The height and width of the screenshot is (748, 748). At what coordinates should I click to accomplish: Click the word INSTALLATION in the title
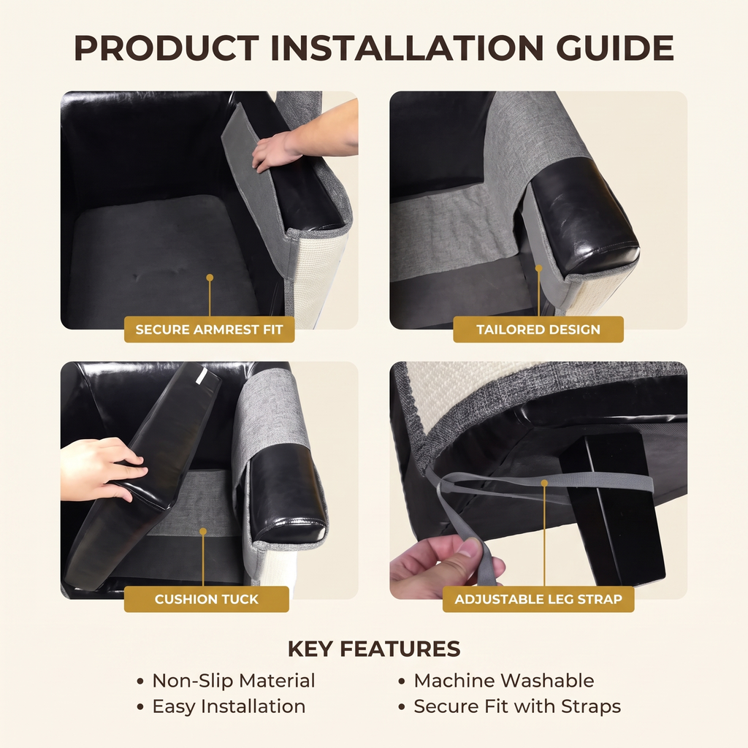407,48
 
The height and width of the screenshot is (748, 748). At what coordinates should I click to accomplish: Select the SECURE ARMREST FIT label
210,329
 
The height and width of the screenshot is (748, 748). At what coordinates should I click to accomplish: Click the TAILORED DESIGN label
538,329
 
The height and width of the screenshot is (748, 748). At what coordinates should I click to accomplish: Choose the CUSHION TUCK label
207,599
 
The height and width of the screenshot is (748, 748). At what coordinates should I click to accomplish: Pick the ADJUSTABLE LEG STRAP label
538,599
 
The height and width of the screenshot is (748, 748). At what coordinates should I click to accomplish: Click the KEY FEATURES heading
374,649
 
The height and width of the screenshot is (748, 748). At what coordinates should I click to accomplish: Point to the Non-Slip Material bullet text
234,681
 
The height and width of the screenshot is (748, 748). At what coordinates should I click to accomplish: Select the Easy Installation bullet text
229,706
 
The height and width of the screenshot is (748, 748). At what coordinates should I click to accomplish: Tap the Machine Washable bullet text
504,681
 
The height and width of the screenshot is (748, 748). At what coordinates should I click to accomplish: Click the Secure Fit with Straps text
518,706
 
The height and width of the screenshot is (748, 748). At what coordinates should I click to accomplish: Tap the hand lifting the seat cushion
102,469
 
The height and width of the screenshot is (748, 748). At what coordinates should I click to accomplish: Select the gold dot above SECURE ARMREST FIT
210,278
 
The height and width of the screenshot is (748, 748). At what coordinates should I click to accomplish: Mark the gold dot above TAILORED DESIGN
538,269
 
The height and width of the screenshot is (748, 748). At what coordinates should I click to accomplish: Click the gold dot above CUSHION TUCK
203,532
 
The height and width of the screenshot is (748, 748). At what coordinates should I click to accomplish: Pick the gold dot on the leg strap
544,484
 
